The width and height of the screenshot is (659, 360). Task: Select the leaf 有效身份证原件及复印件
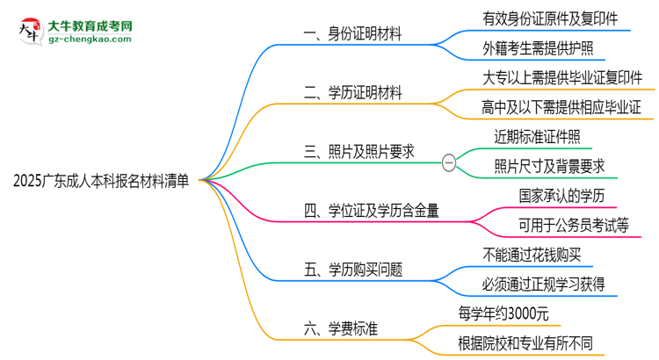point(544,18)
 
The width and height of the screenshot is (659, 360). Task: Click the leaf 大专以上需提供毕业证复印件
point(556,77)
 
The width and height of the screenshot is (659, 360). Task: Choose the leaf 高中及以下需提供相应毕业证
point(556,107)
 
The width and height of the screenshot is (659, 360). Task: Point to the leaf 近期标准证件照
point(537,137)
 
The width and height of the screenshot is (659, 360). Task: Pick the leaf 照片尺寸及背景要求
point(549,167)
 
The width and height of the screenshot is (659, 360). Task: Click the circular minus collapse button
point(449,161)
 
